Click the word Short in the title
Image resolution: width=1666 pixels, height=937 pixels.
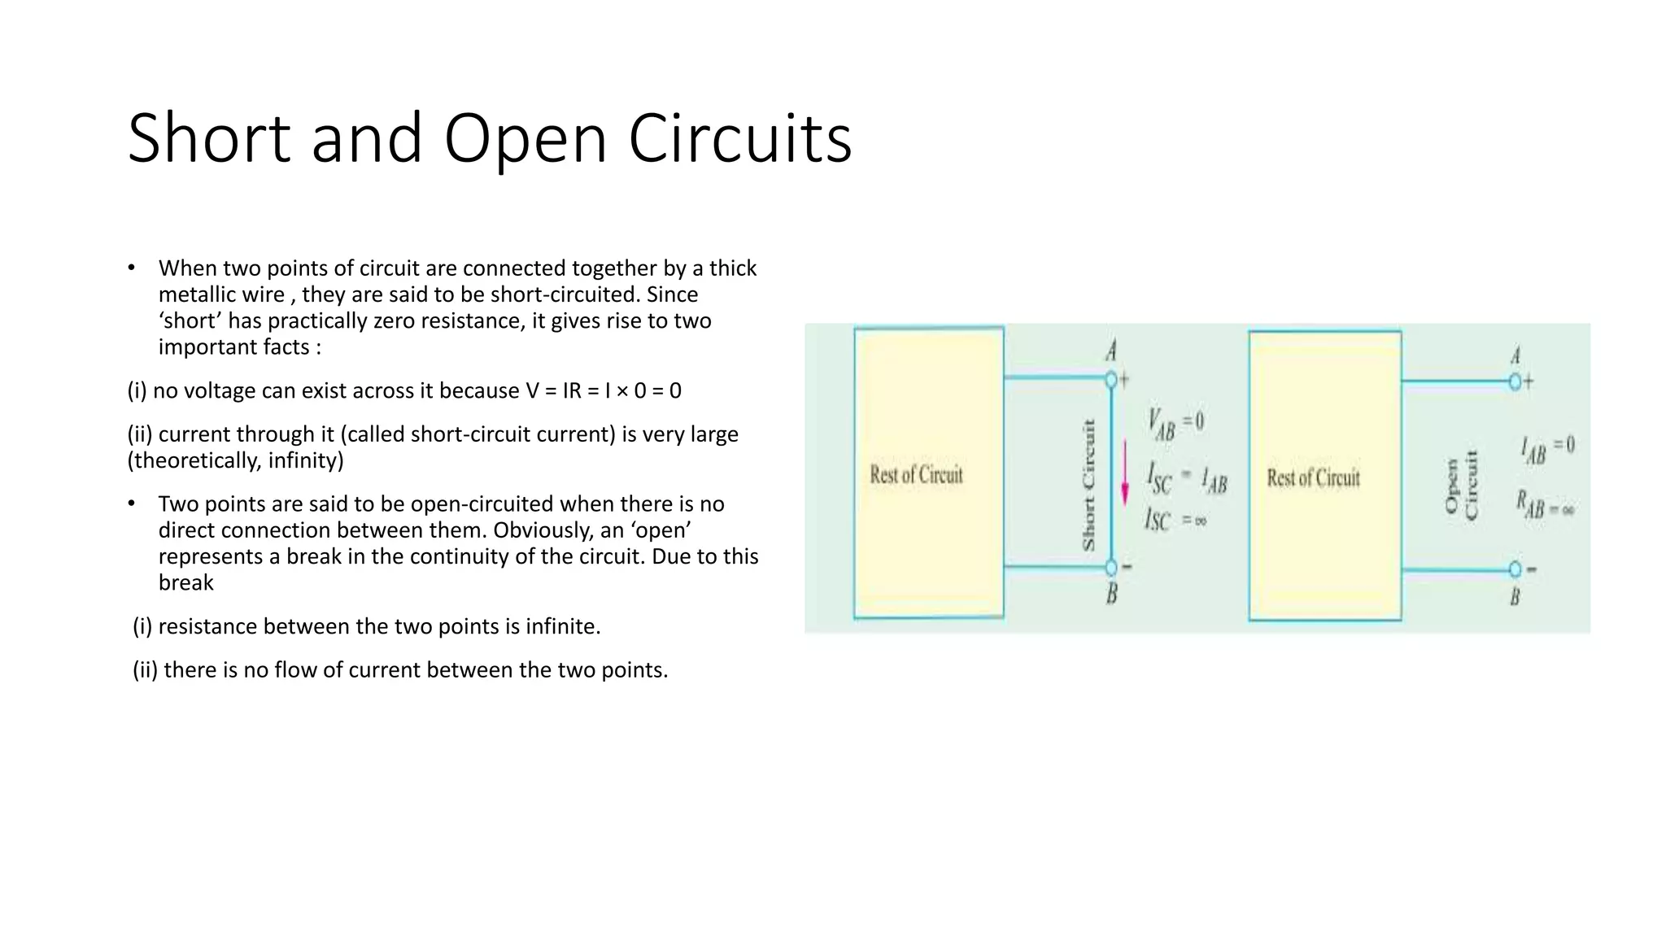pos(209,138)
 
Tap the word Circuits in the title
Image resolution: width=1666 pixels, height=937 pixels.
pos(739,138)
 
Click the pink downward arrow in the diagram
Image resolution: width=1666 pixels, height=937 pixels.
pos(1125,473)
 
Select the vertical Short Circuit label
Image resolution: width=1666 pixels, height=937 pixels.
pos(1088,486)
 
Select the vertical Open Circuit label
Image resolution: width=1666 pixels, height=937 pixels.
pos(1461,486)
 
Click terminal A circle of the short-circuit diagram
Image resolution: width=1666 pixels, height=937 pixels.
pos(1111,380)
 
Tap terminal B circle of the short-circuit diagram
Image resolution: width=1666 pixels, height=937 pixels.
pos(1111,567)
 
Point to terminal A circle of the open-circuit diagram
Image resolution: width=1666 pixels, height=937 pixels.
pos(1515,381)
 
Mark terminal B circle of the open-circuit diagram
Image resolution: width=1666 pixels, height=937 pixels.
pos(1515,569)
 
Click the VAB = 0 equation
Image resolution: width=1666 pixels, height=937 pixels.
pos(1175,423)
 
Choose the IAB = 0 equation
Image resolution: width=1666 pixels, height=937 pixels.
pos(1547,448)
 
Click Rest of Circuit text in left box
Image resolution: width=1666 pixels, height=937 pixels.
pos(916,475)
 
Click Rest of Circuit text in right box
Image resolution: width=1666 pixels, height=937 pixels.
pos(1313,477)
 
